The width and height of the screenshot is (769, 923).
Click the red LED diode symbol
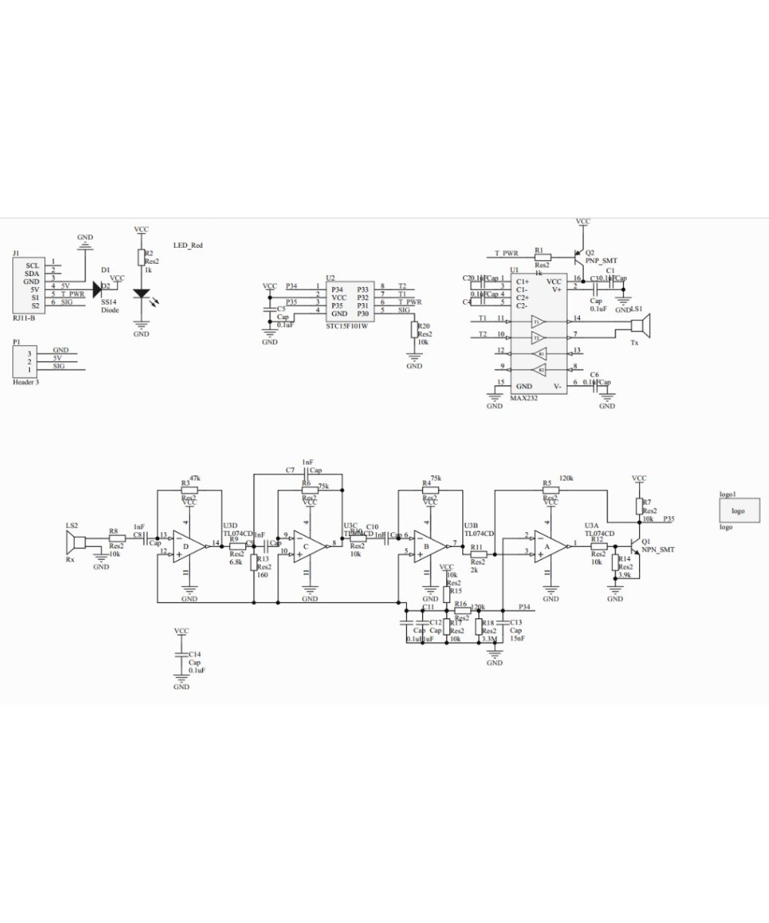(141, 294)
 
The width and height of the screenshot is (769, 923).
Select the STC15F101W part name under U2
(347, 326)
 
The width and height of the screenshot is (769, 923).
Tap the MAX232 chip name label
(523, 398)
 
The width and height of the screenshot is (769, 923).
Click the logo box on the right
(737, 511)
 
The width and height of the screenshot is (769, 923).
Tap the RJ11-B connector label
(24, 316)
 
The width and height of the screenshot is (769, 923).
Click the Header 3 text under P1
(26, 382)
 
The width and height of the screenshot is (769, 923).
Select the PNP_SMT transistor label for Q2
(601, 261)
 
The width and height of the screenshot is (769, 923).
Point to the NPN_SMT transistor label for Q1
(658, 550)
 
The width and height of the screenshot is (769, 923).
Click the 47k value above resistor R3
(195, 478)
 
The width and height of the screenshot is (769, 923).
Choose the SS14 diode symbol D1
(98, 289)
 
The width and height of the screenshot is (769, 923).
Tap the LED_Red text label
(188, 245)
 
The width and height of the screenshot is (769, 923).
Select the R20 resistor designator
(424, 325)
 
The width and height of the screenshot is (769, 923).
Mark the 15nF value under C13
(518, 638)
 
